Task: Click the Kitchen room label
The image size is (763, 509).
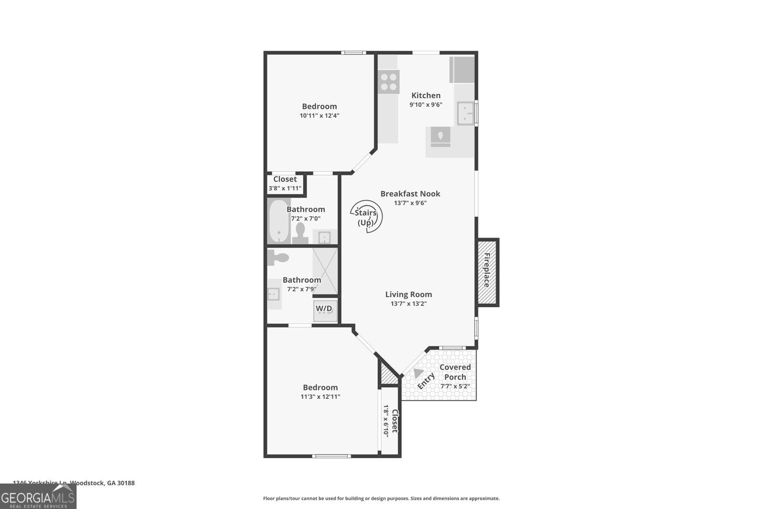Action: click(x=426, y=95)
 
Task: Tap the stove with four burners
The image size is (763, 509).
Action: click(x=389, y=82)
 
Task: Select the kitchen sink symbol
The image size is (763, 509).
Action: click(x=465, y=114)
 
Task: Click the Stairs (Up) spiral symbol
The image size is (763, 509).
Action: click(x=366, y=217)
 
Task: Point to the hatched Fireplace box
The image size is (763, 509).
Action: click(x=487, y=272)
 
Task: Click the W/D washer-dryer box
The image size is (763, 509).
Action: click(x=324, y=309)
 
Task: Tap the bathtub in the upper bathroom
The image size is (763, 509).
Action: click(x=278, y=222)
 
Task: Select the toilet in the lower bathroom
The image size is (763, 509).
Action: click(x=279, y=258)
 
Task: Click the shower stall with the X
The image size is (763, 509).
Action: click(x=325, y=271)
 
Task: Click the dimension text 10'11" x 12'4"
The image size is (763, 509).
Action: click(x=319, y=115)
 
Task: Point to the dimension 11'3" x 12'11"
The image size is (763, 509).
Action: click(x=320, y=396)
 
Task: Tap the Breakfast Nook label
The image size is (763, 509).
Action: click(x=410, y=194)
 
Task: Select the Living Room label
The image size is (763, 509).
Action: click(x=408, y=294)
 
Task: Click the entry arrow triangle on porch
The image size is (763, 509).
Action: click(x=418, y=373)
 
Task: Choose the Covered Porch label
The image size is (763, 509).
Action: click(x=455, y=372)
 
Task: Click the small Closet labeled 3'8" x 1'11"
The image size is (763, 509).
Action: click(x=285, y=183)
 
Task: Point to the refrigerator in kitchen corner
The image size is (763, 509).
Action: click(x=462, y=70)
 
